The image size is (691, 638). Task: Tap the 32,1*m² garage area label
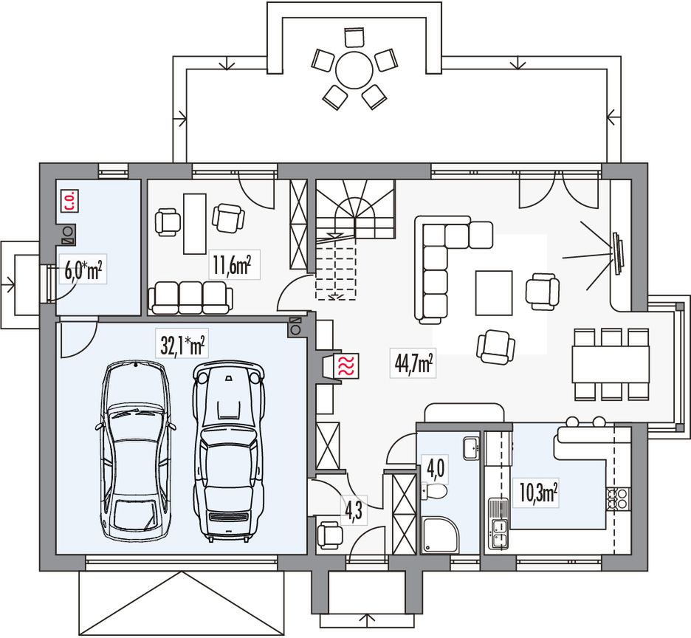182,344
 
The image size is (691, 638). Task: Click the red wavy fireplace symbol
346,365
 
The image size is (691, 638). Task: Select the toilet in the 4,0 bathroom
435,490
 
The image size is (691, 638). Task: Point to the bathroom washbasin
472,448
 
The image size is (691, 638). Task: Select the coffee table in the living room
494,292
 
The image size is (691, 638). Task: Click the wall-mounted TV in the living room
617,253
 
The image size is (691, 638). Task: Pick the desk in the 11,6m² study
195,224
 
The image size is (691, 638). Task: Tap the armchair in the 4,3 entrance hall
329,535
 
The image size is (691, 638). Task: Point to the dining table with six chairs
611,365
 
